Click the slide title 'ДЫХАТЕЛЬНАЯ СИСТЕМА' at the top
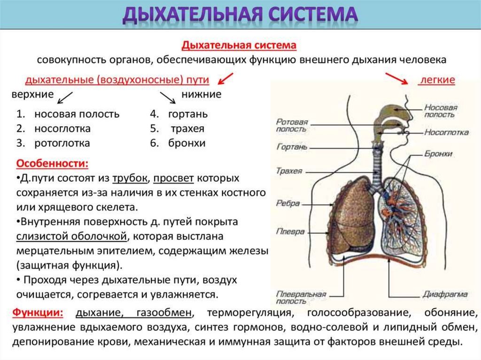[240, 15]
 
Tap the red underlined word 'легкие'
[437, 80]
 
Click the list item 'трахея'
[187, 129]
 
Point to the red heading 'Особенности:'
[52, 164]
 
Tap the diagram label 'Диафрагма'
[444, 294]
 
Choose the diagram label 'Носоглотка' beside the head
[446, 132]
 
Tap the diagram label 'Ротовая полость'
[292, 125]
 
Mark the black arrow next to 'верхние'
[64, 98]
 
